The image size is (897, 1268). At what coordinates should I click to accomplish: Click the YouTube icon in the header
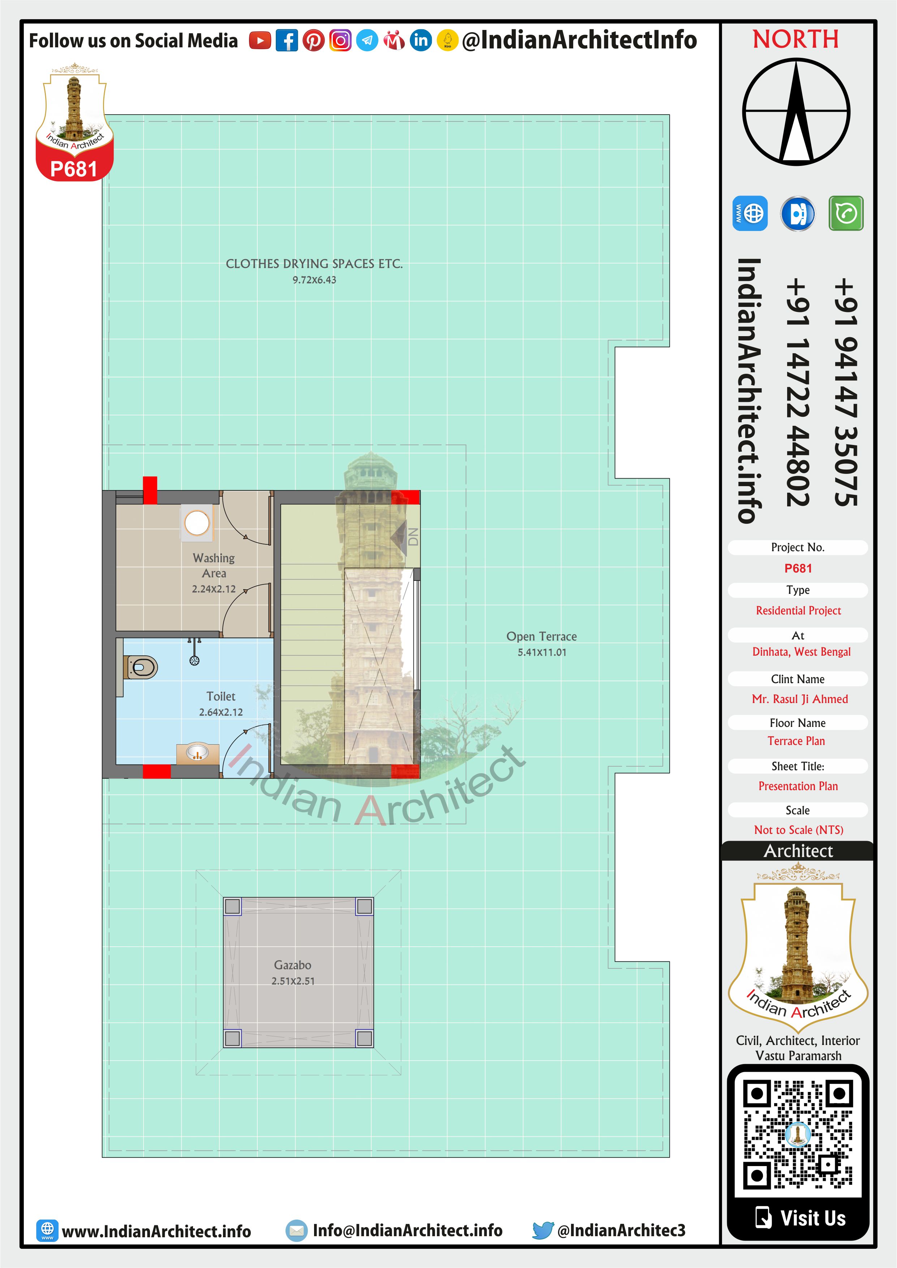[x=259, y=40]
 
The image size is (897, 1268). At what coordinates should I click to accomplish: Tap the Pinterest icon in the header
[x=313, y=40]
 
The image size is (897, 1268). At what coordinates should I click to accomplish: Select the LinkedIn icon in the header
[x=421, y=40]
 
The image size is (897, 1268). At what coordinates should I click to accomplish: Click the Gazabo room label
[x=293, y=965]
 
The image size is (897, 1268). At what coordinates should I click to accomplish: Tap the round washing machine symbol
[x=197, y=522]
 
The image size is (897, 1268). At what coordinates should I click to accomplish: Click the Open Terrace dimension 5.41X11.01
[x=542, y=652]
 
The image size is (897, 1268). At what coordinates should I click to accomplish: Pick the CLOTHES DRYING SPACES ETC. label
[x=314, y=264]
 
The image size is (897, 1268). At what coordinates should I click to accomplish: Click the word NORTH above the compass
[x=795, y=39]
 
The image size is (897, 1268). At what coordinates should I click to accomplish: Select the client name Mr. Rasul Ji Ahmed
[x=800, y=699]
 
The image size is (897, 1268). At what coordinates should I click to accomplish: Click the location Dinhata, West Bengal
[x=802, y=652]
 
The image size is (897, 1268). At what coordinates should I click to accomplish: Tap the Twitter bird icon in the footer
[x=543, y=1230]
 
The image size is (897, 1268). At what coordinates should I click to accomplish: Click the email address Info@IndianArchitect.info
[x=408, y=1230]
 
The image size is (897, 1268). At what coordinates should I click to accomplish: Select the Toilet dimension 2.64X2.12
[x=221, y=712]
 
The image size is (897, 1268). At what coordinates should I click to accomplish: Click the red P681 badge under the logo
[x=74, y=168]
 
